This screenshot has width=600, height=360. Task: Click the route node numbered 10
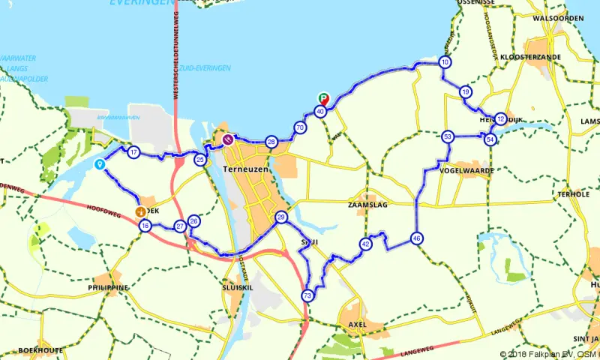pos(445,63)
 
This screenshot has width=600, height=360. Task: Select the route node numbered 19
pos(466,92)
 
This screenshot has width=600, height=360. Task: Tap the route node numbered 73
pos(307,296)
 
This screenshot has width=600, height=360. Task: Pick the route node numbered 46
pos(417,239)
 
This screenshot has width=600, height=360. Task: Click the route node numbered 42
pos(366,244)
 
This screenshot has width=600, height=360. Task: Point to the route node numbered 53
pos(448,137)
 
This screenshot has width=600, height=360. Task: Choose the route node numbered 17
pos(133,153)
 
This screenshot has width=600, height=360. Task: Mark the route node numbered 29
pos(281,218)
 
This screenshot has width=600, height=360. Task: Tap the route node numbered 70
pos(300,128)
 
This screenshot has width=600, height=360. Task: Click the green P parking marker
pos(324,98)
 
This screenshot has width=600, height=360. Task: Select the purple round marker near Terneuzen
pos(227,139)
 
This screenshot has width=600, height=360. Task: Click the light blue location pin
pos(99,164)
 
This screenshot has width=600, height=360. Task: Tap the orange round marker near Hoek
pos(140,212)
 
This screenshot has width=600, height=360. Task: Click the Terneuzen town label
pos(244,171)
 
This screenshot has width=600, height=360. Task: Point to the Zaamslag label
pos(367,204)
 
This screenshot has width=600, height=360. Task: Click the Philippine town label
pos(107,287)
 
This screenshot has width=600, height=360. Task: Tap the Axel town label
pos(355,325)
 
